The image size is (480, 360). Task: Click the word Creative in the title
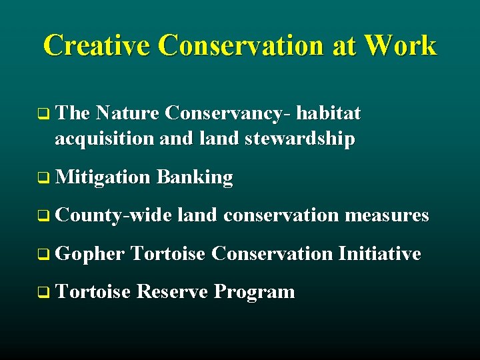[x=98, y=45]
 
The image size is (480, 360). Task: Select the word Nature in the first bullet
[x=127, y=114]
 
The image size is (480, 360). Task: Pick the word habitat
[x=328, y=114]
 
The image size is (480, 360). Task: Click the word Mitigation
[x=103, y=177]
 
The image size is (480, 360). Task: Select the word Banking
[x=195, y=177]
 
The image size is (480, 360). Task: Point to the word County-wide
[x=114, y=215]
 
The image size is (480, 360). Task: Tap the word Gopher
[x=90, y=254]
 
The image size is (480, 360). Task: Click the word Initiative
[x=379, y=253]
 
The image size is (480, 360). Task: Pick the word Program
[x=255, y=293]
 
